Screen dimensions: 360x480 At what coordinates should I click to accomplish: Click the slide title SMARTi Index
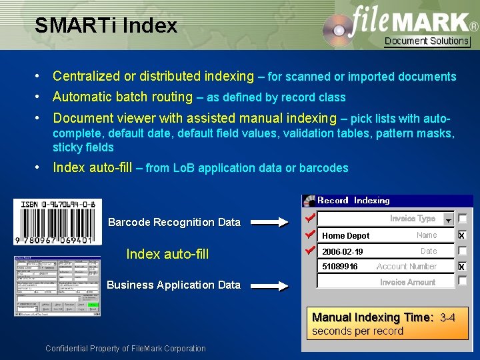click(106, 26)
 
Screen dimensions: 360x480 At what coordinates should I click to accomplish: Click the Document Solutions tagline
click(427, 41)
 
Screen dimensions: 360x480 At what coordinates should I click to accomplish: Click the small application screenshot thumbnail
click(57, 286)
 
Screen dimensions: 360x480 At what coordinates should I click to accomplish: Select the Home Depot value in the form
click(346, 235)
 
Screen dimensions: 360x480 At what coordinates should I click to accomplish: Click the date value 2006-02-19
click(343, 251)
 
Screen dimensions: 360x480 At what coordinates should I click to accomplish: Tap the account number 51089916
click(340, 267)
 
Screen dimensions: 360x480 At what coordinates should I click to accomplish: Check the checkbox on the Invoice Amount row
click(462, 281)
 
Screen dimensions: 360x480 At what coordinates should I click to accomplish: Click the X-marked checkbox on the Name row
click(462, 235)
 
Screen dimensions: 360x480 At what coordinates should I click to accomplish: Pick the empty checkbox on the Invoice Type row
click(462, 219)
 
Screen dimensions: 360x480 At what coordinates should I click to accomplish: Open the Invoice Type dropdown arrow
click(447, 220)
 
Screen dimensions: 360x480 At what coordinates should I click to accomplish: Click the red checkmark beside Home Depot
click(309, 235)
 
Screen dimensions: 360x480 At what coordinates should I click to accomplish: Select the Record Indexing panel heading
click(353, 200)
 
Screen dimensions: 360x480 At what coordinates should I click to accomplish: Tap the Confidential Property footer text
click(125, 348)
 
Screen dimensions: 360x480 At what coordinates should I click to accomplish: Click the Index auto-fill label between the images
click(167, 253)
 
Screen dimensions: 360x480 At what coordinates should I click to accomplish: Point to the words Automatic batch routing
click(123, 97)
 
